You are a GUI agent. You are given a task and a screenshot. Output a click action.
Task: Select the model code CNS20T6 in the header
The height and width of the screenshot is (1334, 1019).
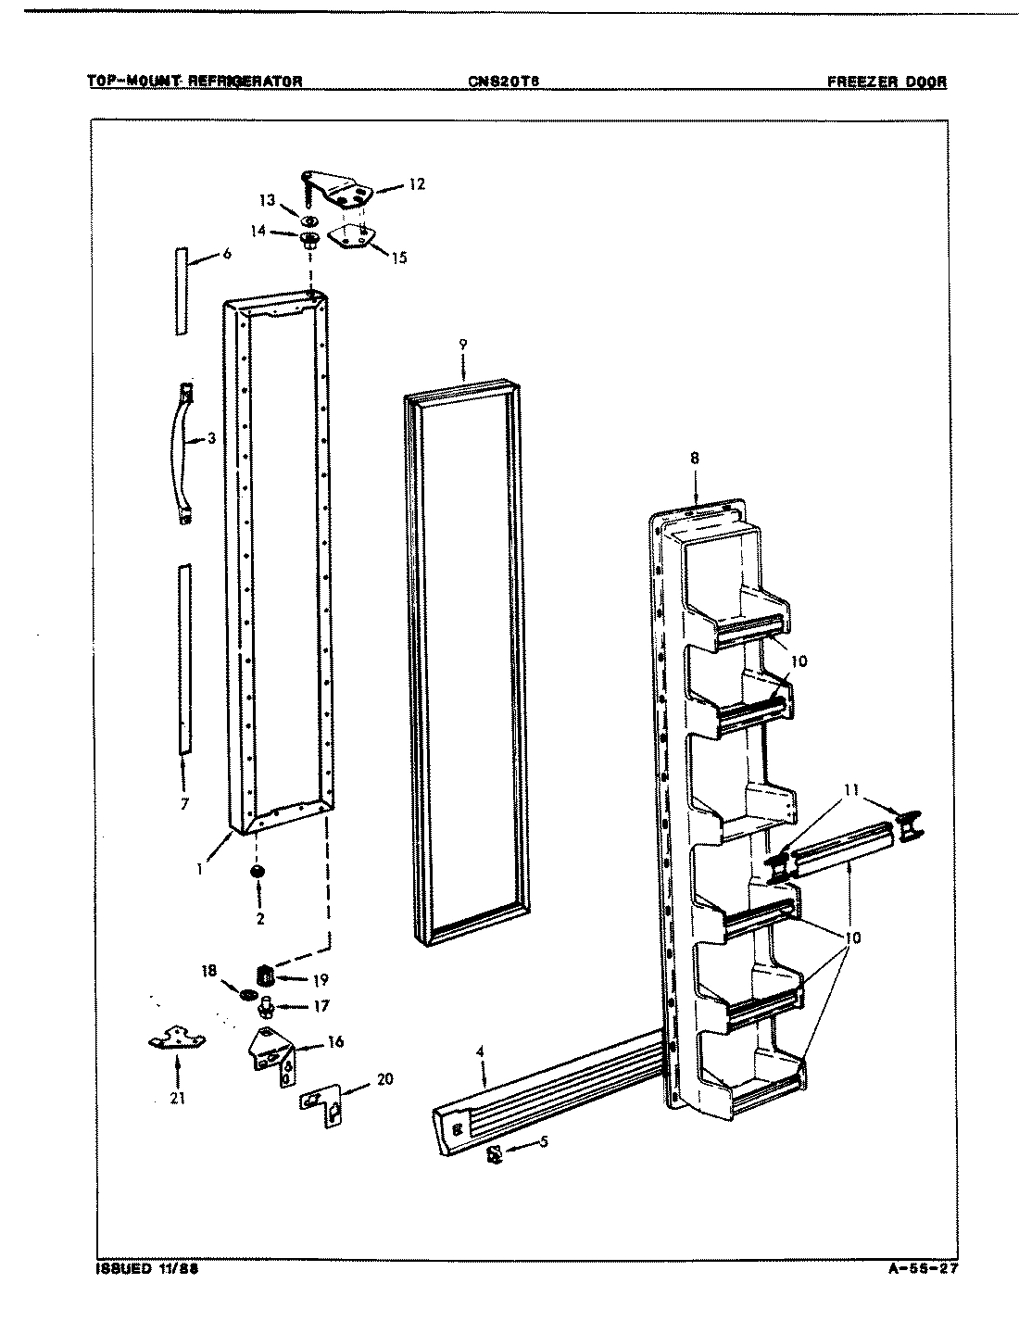(504, 81)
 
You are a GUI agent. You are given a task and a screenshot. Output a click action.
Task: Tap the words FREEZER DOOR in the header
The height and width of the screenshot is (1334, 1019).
(887, 81)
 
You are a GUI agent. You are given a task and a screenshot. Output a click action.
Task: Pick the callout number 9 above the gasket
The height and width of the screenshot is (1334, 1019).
(462, 345)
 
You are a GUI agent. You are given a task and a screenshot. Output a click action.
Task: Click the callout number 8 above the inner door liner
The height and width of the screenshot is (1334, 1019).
(695, 458)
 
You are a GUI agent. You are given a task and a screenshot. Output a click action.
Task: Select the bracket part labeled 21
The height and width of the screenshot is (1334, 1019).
(176, 1040)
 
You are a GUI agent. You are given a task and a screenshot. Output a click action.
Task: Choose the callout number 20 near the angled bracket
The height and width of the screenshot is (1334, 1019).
(384, 1078)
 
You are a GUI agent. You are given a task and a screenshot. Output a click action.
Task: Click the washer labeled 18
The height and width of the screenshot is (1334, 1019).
(248, 994)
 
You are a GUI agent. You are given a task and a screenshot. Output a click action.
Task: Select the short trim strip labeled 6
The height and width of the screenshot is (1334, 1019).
(181, 291)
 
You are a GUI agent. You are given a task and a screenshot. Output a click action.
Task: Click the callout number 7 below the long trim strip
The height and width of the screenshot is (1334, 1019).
(184, 804)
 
